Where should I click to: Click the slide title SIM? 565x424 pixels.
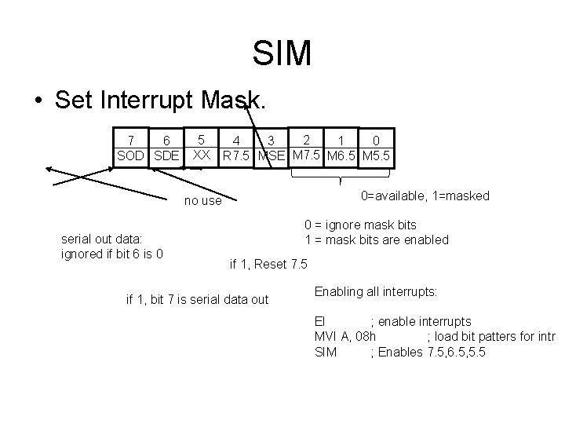[x=282, y=53]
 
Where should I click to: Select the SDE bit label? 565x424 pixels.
[x=167, y=155]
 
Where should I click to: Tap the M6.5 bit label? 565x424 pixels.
[x=342, y=155]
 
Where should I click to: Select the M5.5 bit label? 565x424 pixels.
[x=376, y=155]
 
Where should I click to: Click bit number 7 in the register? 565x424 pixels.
[x=132, y=140]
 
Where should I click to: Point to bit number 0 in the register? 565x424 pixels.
[x=376, y=140]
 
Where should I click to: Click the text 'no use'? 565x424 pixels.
[x=202, y=201]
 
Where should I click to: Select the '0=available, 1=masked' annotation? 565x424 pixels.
[x=425, y=196]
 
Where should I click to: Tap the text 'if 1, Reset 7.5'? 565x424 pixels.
[x=268, y=262]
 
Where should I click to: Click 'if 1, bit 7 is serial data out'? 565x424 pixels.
[x=197, y=298]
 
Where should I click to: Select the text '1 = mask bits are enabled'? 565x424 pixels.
[x=377, y=239]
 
